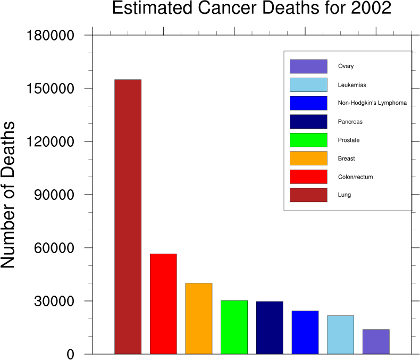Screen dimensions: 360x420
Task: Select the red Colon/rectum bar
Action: click(163, 304)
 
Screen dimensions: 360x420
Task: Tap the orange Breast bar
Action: click(199, 319)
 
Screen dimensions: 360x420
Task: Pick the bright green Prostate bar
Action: click(234, 327)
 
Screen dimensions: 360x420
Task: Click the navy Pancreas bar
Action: click(270, 328)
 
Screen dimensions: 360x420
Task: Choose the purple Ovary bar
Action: click(376, 341)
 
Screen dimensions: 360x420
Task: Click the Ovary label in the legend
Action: click(346, 66)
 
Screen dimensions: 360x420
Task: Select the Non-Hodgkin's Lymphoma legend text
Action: click(372, 103)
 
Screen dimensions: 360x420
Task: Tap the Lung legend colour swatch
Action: click(308, 195)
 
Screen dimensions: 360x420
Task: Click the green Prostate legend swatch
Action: click(308, 140)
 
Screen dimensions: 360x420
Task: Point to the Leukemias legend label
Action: click(352, 85)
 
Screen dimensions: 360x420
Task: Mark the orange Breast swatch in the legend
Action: click(308, 158)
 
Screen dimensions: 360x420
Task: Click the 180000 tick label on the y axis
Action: click(50, 36)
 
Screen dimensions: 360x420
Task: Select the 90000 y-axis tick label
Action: click(54, 195)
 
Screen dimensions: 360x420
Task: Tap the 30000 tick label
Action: click(54, 302)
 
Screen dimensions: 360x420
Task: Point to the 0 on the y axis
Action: click(71, 354)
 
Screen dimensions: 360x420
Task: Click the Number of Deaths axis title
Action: click(8, 195)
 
